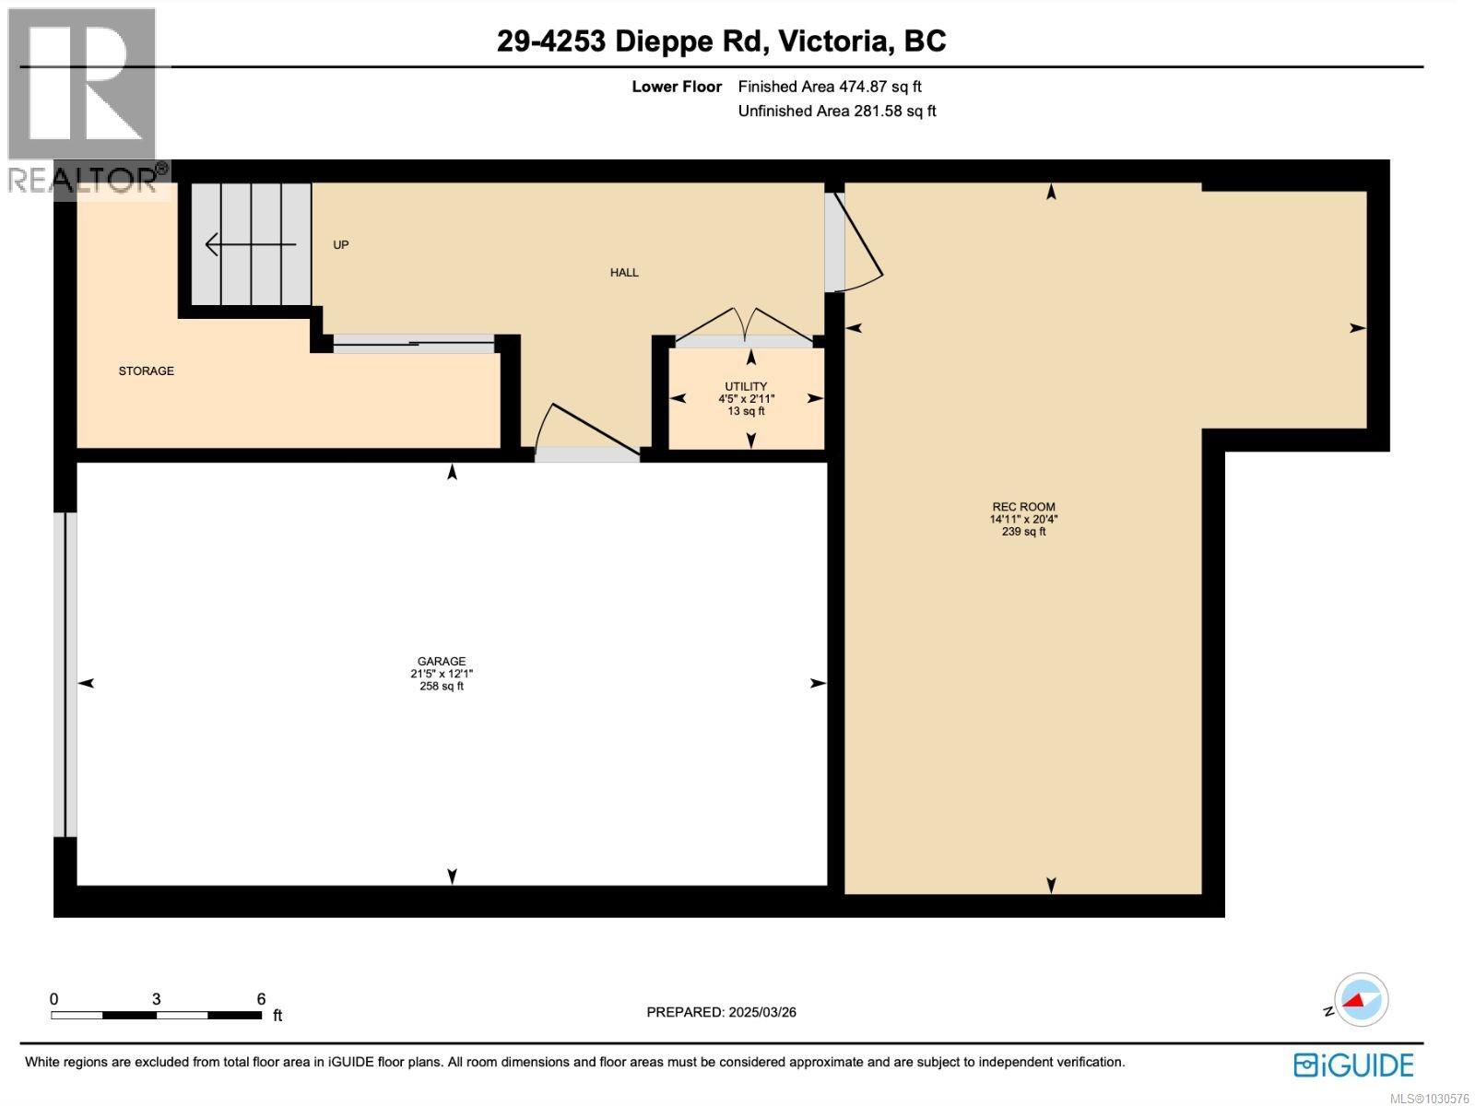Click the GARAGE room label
click(x=442, y=662)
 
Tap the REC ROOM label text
click(x=1023, y=507)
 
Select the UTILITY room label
click(x=746, y=387)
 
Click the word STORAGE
click(x=146, y=371)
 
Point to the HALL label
click(x=624, y=273)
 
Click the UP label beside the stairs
click(x=341, y=245)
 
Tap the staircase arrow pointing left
click(x=249, y=245)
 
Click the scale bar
click(x=156, y=1015)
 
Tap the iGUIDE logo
click(x=1353, y=1065)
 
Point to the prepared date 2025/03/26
click(x=721, y=1012)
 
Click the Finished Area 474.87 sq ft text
click(x=830, y=87)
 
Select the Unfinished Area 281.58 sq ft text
click(x=837, y=112)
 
